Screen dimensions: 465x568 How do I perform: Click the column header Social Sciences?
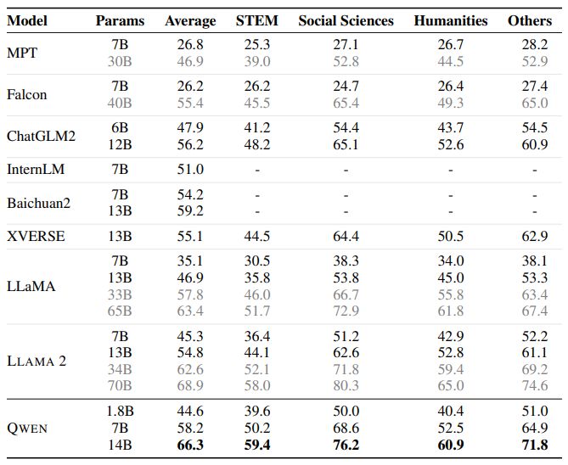[347, 20]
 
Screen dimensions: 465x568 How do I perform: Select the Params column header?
[120, 20]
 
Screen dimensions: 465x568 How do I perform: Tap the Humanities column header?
[450, 20]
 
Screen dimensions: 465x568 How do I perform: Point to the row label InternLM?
[36, 170]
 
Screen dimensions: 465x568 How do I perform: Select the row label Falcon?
[25, 94]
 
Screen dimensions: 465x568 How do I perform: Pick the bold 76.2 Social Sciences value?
[346, 445]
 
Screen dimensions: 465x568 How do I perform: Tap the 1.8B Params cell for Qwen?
[120, 412]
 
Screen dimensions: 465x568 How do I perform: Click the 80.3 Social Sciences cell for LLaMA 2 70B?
[346, 385]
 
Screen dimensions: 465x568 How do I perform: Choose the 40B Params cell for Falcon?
[120, 103]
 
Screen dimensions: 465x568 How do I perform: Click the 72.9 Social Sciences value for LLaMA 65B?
[346, 311]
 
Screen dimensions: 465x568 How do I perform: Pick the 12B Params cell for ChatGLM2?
[120, 144]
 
